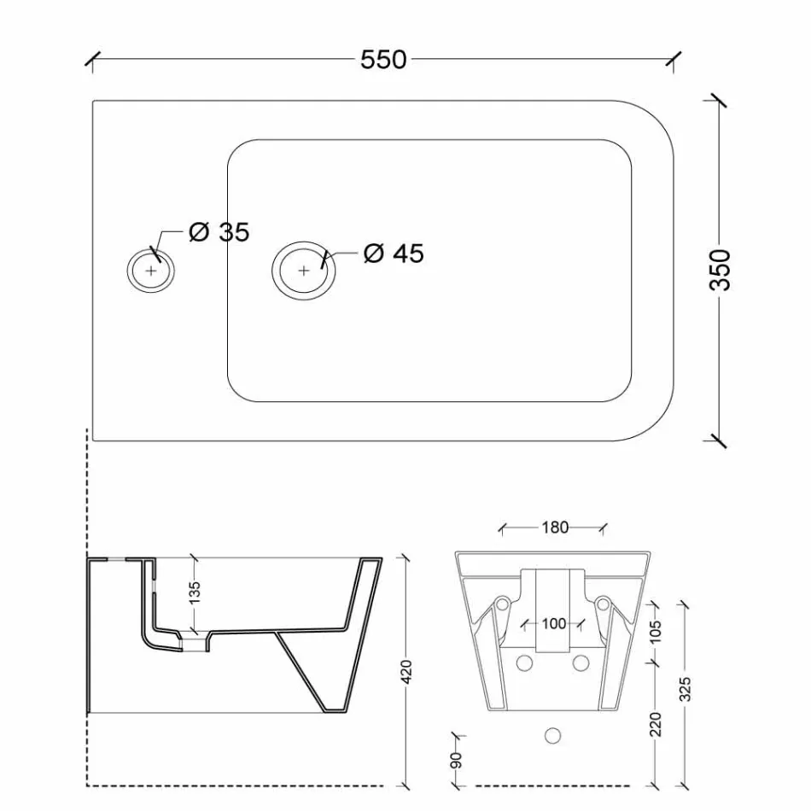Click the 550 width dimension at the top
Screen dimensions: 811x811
[383, 60]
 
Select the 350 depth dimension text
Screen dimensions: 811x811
[721, 270]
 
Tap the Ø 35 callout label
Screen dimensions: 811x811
[219, 232]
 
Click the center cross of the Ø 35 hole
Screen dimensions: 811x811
[151, 271]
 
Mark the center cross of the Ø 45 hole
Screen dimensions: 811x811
[304, 271]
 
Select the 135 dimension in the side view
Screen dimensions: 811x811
[195, 594]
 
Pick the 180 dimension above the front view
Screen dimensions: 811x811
[554, 528]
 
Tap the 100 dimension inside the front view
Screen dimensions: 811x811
[554, 623]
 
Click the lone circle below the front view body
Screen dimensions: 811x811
[553, 734]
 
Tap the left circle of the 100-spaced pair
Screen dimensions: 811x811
[524, 662]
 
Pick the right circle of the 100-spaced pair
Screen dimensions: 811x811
[582, 662]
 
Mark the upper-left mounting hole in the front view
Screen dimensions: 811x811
[503, 604]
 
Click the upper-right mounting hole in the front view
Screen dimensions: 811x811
[604, 604]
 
